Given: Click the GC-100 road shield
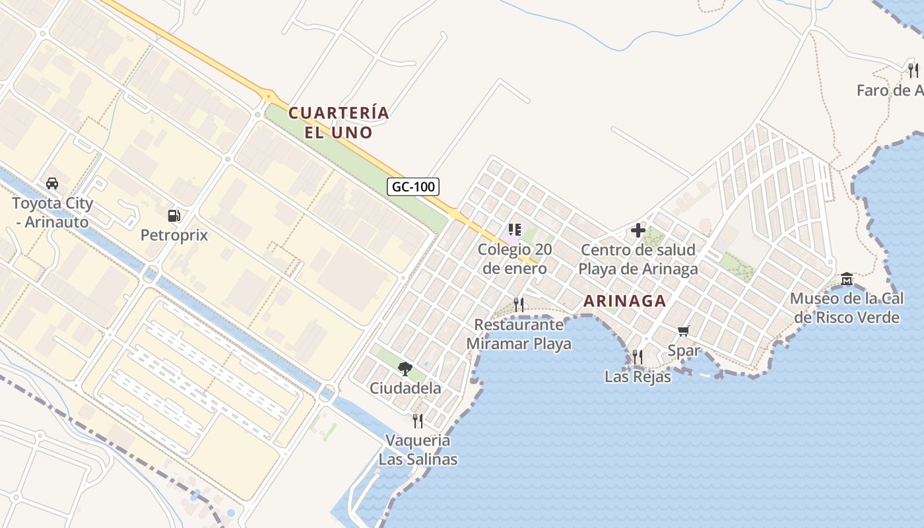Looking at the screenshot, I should pos(413,187).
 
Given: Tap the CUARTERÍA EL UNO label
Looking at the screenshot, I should pos(339,123).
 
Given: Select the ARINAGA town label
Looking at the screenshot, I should pos(624,301).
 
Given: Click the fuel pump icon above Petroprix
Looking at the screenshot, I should pos(174,216).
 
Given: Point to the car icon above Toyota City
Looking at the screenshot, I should pos(52,183).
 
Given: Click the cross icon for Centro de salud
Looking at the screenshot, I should pos(638,230).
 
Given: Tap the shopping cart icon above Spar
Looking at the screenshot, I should pos(683,331).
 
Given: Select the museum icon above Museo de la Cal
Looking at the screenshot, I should pos(847,279).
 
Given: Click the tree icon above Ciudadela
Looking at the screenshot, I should pos(405,368).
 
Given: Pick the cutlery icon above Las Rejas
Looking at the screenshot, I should pos(637,357).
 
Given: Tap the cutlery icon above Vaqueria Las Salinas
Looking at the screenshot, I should pos(417,420).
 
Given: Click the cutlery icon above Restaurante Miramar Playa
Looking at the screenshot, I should pos(519,304).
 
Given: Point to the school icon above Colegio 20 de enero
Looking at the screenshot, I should pos(515,230).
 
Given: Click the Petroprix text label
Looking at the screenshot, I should pos(174,235).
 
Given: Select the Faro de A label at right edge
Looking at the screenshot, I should pos(890,90).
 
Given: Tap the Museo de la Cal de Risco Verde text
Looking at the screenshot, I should pos(847,308).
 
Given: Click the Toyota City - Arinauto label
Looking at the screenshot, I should pos(52,213).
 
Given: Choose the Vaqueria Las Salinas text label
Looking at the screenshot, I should pos(418,449).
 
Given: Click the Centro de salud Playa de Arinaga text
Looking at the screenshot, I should pos(638,259).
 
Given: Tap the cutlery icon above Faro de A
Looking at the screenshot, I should pos(913,70).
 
